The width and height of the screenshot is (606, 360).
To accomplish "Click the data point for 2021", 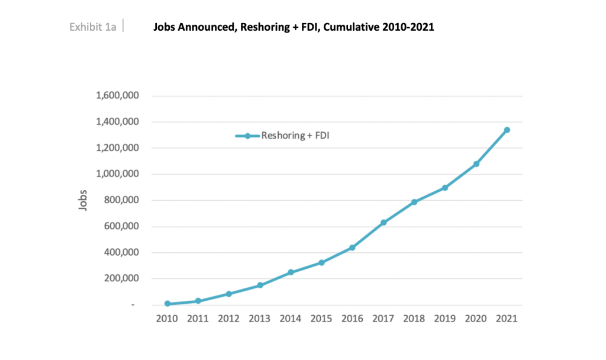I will click(x=507, y=130).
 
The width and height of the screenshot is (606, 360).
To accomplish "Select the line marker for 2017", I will click(x=383, y=223).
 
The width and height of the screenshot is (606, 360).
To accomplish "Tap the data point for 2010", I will click(x=167, y=304).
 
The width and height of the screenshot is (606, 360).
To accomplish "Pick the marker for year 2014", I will click(x=291, y=272).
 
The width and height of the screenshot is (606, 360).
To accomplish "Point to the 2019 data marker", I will click(x=445, y=188).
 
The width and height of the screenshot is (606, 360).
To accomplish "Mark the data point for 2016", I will click(x=353, y=247).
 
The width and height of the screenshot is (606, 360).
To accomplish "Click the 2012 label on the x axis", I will click(x=229, y=319).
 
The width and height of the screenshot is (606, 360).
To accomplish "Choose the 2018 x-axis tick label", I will click(x=414, y=319).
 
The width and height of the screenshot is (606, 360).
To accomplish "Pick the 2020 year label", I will click(x=476, y=319).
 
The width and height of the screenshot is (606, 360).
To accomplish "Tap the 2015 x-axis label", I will click(x=321, y=319).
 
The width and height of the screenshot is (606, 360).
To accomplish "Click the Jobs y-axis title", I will click(x=83, y=200).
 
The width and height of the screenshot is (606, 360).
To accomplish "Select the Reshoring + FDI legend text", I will click(x=291, y=136).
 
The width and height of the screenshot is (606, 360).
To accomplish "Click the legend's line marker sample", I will click(x=247, y=136).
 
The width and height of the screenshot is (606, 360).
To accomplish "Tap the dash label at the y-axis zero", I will click(x=133, y=305).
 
